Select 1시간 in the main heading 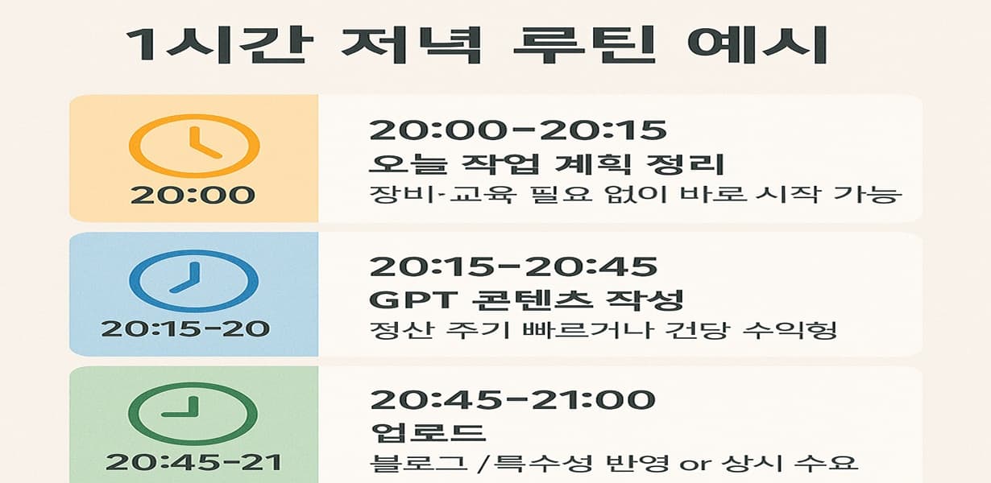(x=217, y=46)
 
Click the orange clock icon (x=194, y=147)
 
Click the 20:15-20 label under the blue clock (x=185, y=328)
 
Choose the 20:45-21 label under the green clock (x=193, y=462)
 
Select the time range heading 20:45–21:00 (x=512, y=399)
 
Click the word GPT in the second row (x=401, y=299)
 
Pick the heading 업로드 (x=429, y=432)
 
